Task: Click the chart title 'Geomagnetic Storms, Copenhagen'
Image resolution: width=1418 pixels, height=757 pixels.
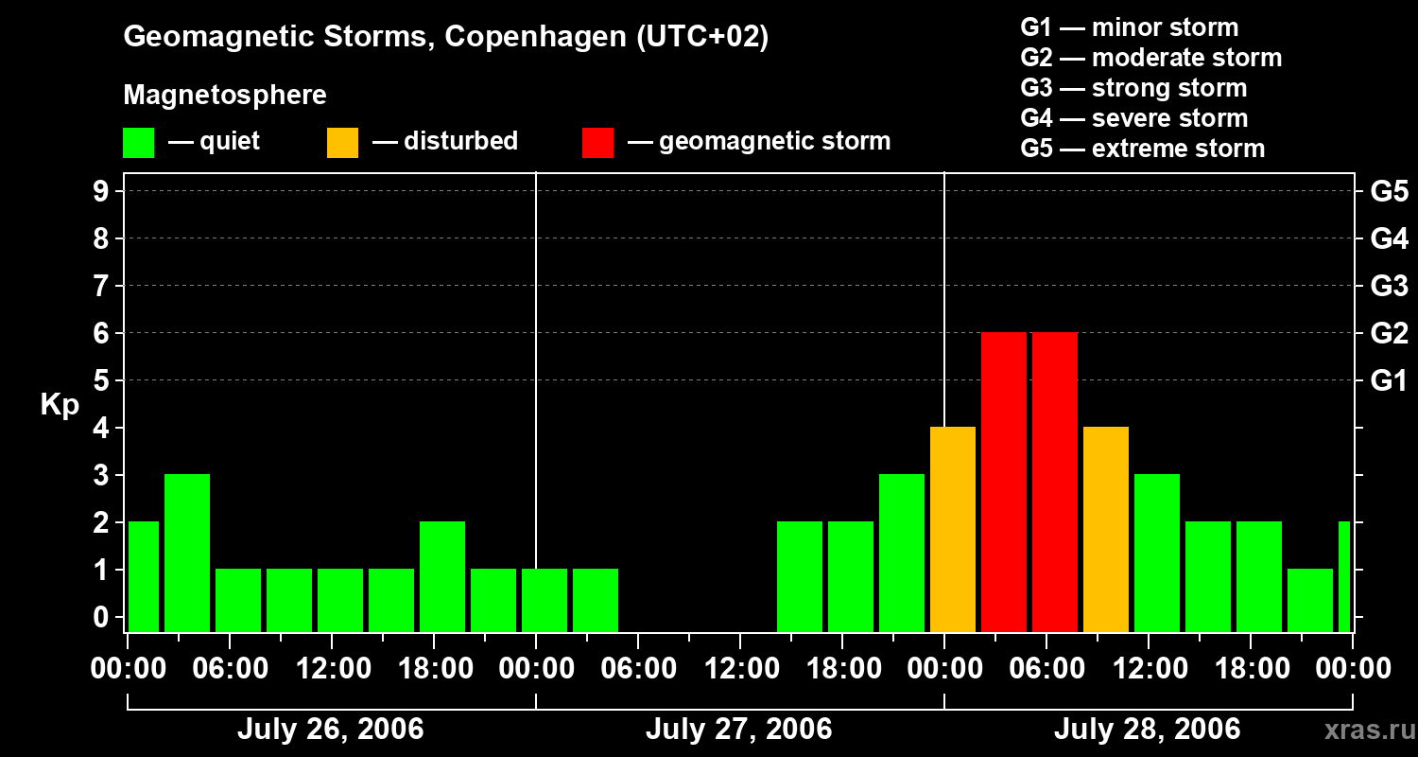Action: [445, 37]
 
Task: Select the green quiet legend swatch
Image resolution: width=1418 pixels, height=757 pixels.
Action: [139, 142]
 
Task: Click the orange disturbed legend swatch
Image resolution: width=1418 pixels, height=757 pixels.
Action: [343, 142]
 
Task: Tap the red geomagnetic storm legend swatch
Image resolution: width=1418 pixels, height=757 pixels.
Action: [598, 142]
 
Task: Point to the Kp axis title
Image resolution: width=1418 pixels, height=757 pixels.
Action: [59, 405]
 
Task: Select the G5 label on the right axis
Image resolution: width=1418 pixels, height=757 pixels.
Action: [1389, 191]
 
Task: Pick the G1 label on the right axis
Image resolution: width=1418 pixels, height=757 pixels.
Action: [1389, 381]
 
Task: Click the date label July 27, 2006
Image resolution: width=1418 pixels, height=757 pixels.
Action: [738, 729]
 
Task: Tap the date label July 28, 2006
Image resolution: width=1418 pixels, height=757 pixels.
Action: [1147, 729]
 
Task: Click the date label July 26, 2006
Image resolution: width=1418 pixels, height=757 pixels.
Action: [330, 729]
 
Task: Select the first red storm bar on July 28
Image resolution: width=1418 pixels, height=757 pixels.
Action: [1004, 483]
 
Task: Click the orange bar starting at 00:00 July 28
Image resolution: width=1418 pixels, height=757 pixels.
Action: [953, 530]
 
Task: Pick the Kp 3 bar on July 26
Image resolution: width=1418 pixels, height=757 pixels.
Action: [187, 554]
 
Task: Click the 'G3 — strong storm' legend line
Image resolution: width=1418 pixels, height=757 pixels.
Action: [1133, 88]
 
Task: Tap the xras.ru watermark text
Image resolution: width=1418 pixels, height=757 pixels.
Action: [1369, 730]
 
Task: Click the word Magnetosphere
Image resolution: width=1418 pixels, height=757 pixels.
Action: [225, 96]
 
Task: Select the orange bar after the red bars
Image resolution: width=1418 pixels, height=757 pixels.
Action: [1106, 530]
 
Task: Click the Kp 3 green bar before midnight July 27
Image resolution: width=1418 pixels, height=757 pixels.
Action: [902, 554]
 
